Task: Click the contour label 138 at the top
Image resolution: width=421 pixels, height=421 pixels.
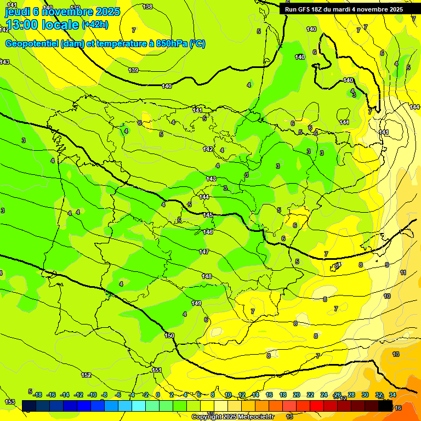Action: [147, 7]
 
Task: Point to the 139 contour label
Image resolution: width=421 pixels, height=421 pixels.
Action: [133, 70]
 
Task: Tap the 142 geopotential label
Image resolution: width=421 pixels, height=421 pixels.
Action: [208, 149]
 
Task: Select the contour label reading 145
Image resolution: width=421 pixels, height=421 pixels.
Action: [208, 215]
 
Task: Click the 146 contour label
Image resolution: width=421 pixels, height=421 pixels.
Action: [208, 232]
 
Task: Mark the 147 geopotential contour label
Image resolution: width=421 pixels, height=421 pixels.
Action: [204, 252]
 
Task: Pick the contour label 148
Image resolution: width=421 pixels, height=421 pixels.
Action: [207, 276]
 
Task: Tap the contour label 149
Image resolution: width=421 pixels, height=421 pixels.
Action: [196, 303]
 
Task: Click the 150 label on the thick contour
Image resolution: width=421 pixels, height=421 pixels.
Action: [169, 335]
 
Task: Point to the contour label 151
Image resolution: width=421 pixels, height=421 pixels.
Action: [157, 370]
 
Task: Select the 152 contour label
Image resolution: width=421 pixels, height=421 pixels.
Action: [86, 375]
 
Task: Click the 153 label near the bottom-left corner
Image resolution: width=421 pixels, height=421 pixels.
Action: [10, 402]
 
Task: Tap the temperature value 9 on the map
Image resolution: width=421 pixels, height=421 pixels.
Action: [387, 265]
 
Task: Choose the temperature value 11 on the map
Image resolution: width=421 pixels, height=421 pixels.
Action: [403, 272]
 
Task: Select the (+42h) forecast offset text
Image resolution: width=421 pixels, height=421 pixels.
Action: [95, 25]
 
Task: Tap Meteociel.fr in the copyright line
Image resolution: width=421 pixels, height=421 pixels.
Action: [255, 417]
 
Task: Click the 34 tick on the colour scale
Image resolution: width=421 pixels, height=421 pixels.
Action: [392, 395]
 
